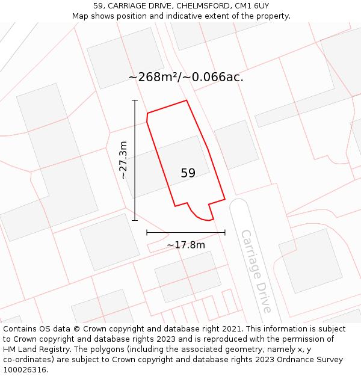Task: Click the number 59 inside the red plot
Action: pos(188,173)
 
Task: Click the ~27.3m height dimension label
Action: pos(123,160)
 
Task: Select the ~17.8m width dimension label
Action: pos(186,245)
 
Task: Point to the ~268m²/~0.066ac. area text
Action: pos(186,77)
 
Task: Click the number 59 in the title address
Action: pos(99,5)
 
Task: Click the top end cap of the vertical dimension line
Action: pos(135,100)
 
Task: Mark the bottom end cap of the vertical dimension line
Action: pos(135,220)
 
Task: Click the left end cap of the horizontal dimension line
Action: pos(147,232)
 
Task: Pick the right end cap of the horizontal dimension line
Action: pos(225,232)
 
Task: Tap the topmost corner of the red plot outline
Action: pos(187,100)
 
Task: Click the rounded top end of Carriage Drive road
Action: pos(238,203)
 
